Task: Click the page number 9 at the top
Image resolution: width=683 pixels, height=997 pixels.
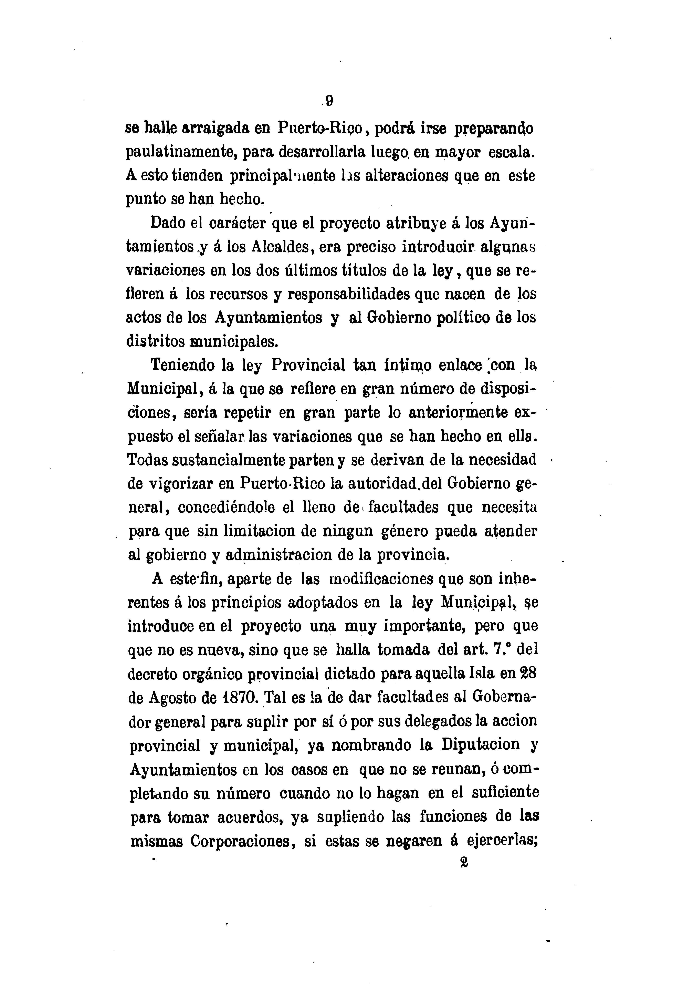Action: pos(329,101)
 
